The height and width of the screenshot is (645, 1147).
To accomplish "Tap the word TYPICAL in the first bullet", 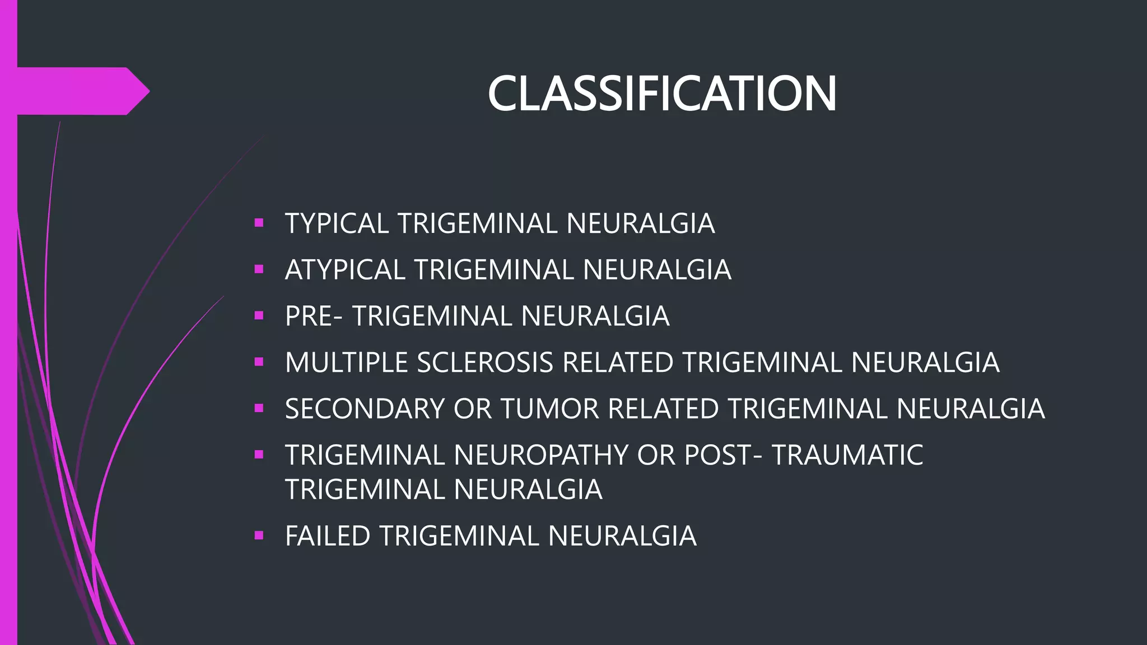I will tap(337, 224).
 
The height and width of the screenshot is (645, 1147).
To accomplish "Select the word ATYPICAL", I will tap(345, 270).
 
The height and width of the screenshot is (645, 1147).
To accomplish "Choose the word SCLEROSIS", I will tap(485, 363).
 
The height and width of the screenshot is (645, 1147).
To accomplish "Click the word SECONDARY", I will tap(365, 409).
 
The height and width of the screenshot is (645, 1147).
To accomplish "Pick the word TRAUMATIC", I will tap(847, 455).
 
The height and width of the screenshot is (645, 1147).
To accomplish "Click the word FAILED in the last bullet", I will tap(328, 536).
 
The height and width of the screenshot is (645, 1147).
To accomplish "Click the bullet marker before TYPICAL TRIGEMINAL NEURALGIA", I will tap(259, 223).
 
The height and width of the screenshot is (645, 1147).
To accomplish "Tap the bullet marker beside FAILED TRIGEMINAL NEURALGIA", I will tap(259, 535).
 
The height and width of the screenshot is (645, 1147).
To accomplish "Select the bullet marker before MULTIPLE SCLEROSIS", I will tap(259, 362).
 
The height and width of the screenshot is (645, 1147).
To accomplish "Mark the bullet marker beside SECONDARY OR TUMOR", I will tap(259, 408).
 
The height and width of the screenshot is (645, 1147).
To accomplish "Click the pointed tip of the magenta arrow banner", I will tap(147, 91).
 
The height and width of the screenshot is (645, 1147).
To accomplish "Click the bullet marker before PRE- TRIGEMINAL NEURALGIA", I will tap(259, 316).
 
